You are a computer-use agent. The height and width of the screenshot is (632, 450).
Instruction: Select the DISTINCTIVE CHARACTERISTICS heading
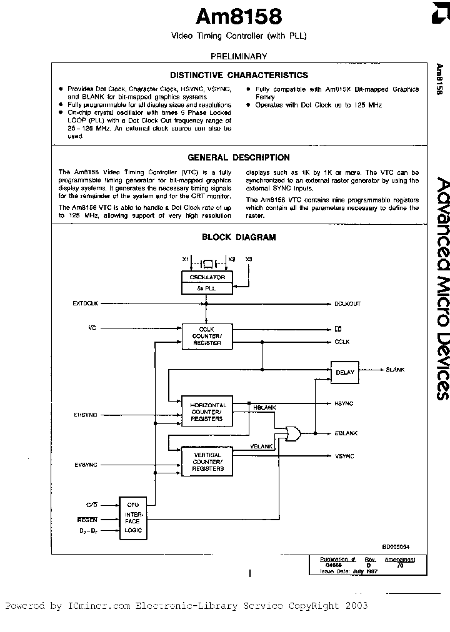tap(239, 75)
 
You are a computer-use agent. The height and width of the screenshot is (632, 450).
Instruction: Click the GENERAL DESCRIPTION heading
tap(239, 157)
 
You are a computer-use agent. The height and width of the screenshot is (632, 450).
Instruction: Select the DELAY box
tap(344, 372)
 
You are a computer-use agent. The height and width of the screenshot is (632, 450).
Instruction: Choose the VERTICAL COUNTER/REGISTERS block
tap(207, 462)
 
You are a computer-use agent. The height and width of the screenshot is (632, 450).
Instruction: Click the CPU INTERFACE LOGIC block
tap(132, 518)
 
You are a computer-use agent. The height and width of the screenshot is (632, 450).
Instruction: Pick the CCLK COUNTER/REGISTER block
tap(207, 336)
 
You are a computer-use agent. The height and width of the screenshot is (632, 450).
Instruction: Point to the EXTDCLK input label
tap(85, 304)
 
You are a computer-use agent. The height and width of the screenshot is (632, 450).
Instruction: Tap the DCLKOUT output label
tap(347, 304)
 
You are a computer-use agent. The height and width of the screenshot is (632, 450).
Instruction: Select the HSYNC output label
tap(344, 403)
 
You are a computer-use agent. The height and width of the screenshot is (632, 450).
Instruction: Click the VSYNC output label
tap(344, 456)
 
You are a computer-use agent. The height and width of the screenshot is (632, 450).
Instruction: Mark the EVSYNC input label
tap(85, 465)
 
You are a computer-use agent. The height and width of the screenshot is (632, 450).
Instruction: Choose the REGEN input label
tap(87, 519)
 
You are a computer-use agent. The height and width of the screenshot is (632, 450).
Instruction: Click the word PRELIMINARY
tap(239, 56)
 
